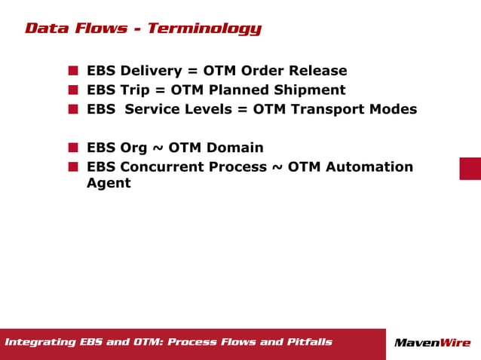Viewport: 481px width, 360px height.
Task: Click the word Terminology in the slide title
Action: (x=204, y=29)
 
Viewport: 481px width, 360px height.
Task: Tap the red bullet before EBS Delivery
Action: (x=73, y=71)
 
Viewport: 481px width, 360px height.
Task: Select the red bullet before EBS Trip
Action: (x=73, y=90)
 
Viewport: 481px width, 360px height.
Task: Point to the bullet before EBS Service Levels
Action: (x=73, y=109)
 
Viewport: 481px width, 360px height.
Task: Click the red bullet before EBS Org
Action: (x=73, y=148)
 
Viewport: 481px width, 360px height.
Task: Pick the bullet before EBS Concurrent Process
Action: (x=73, y=166)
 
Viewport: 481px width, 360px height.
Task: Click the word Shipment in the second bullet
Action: (x=310, y=90)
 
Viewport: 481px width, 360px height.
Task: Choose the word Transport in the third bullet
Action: (x=325, y=109)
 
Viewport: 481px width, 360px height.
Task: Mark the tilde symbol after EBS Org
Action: (x=160, y=148)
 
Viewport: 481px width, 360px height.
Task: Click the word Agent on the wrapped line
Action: (x=109, y=183)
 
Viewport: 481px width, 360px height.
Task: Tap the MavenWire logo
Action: (x=432, y=343)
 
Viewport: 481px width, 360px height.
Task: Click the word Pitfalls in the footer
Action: (x=309, y=343)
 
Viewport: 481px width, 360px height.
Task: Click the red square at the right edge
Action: (x=470, y=168)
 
